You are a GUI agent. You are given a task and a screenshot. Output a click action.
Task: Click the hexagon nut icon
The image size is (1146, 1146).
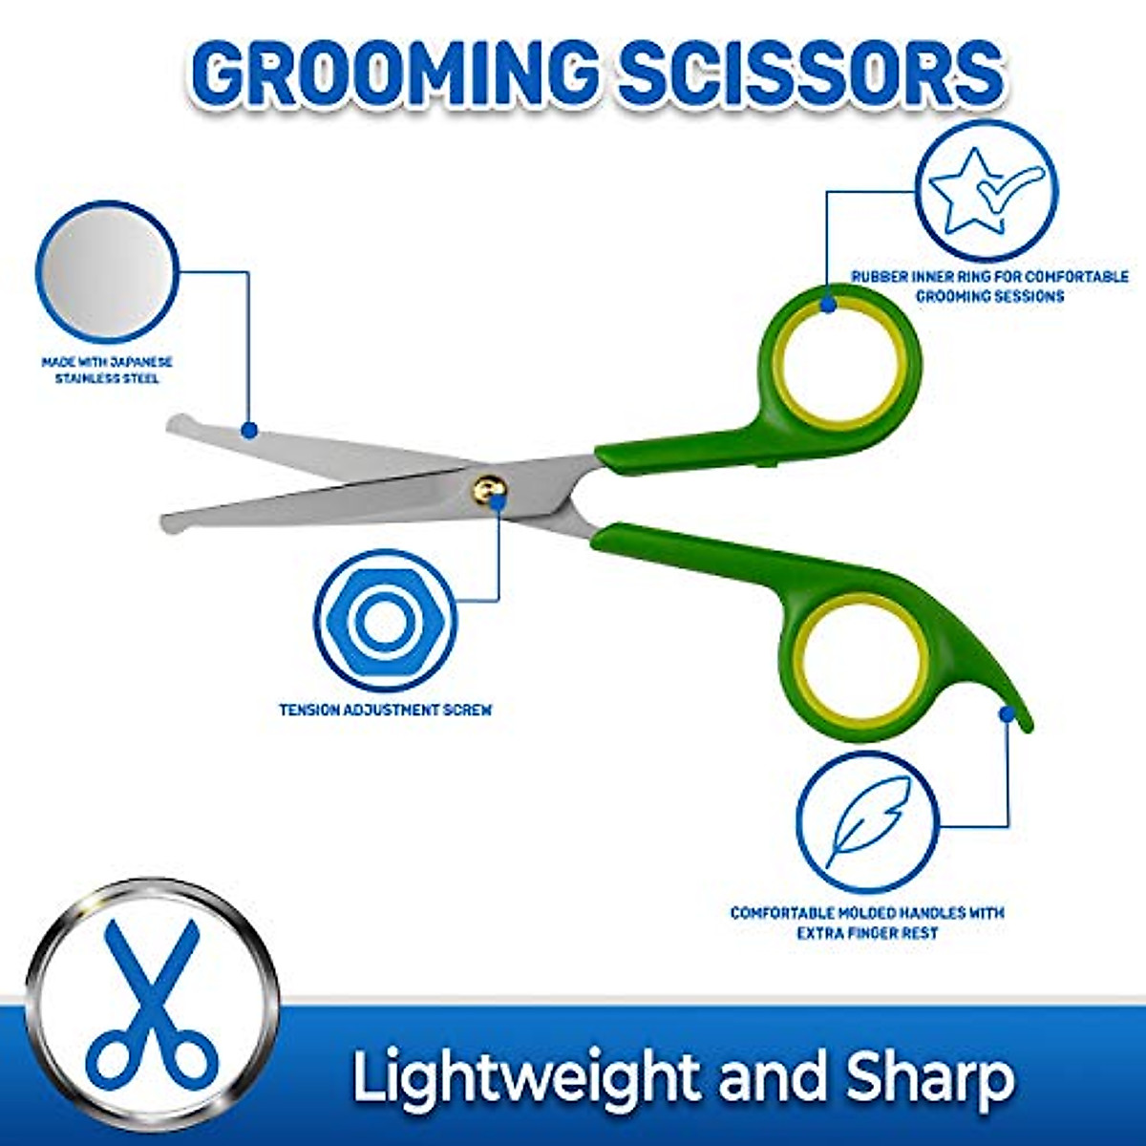pyautogui.click(x=385, y=621)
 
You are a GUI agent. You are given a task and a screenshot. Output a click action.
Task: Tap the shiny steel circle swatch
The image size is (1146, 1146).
pyautogui.click(x=106, y=271)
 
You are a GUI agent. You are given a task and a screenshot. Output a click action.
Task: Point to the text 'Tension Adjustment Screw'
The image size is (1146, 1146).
pyautogui.click(x=385, y=711)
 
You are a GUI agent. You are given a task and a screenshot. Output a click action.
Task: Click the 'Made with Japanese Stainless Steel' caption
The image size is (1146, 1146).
pyautogui.click(x=107, y=371)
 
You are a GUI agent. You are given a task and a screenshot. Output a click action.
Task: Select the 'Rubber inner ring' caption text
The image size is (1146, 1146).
pyautogui.click(x=989, y=286)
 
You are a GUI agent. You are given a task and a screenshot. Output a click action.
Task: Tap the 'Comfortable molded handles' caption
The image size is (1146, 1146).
pyautogui.click(x=867, y=923)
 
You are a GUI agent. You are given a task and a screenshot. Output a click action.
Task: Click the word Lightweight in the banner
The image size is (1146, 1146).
pyautogui.click(x=525, y=1077)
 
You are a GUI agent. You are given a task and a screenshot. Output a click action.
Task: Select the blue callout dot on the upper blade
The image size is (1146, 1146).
pyautogui.click(x=249, y=431)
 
